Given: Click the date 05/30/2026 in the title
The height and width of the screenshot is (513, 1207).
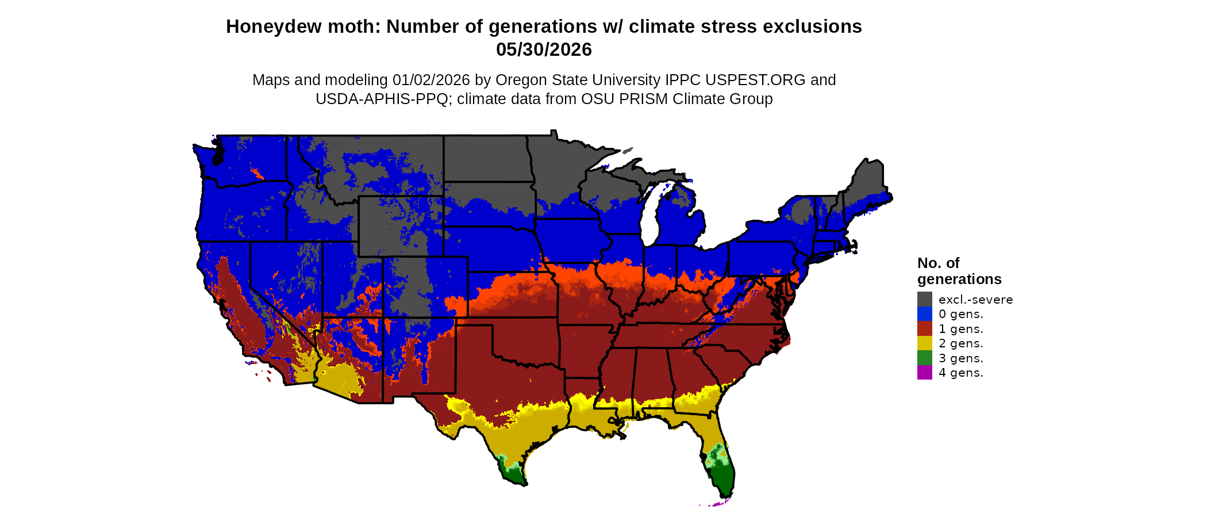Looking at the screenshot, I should tap(544, 49).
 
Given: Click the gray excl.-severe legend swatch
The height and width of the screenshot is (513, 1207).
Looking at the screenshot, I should tap(924, 299).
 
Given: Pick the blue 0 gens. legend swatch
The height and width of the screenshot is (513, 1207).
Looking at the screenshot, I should tap(924, 314).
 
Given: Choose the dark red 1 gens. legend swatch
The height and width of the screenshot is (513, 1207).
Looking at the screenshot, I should tap(924, 328).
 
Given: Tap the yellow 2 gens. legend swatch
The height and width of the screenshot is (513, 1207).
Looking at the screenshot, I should tap(924, 343).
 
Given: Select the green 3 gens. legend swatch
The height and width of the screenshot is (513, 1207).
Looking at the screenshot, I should tap(924, 358).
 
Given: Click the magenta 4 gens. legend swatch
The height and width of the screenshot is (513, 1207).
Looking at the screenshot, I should tap(924, 373).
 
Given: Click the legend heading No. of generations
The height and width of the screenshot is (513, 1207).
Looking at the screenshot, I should tap(959, 271).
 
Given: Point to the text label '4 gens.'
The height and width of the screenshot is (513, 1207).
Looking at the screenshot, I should tap(960, 373).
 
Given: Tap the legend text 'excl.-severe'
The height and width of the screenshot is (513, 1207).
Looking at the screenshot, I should tap(975, 300).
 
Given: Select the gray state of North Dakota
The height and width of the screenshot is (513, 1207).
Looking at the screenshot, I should tap(486, 158).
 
